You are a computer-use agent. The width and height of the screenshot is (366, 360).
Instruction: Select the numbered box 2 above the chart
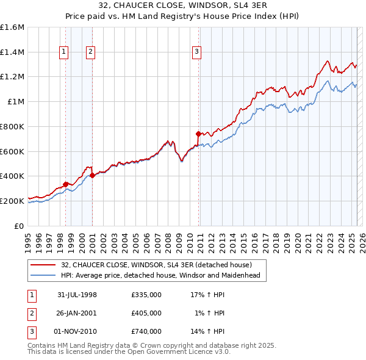90,52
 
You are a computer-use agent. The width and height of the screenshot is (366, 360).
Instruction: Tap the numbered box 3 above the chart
196,52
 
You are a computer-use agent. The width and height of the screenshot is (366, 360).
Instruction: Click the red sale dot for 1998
65,184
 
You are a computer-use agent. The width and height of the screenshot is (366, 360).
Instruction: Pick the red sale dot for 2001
92,175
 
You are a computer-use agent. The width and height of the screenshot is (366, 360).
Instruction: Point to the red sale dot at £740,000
198,134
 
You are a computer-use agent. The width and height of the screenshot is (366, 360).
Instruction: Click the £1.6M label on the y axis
12,27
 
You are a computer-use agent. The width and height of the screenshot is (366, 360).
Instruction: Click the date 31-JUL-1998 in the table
77,295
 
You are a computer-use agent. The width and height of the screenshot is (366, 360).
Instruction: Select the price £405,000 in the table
146,313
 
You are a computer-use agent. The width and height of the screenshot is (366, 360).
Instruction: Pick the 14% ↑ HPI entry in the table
207,331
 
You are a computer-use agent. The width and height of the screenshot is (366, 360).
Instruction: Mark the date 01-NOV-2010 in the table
76,331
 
